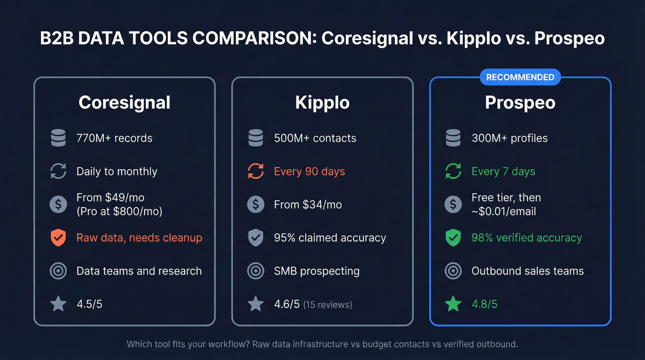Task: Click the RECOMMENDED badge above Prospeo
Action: click(x=520, y=77)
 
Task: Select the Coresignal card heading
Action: click(x=124, y=102)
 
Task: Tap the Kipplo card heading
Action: click(x=322, y=102)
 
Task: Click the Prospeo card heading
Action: click(x=520, y=102)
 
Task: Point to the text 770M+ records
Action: click(x=114, y=138)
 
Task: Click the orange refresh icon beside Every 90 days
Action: click(x=256, y=171)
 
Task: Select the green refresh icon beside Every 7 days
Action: click(x=453, y=171)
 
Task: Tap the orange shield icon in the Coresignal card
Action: click(x=58, y=238)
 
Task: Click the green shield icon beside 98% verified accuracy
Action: click(x=453, y=238)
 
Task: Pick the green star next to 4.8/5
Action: click(x=453, y=304)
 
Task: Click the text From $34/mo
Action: click(x=308, y=205)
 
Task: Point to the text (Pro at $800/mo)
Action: click(x=119, y=212)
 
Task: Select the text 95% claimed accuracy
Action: click(x=330, y=238)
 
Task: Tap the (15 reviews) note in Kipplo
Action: click(x=328, y=305)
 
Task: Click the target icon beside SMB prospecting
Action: click(x=256, y=271)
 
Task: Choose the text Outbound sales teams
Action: click(x=528, y=271)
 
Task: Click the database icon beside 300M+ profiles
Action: click(x=453, y=138)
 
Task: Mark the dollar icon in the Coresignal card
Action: click(x=58, y=205)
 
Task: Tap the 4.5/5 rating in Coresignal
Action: click(x=89, y=304)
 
